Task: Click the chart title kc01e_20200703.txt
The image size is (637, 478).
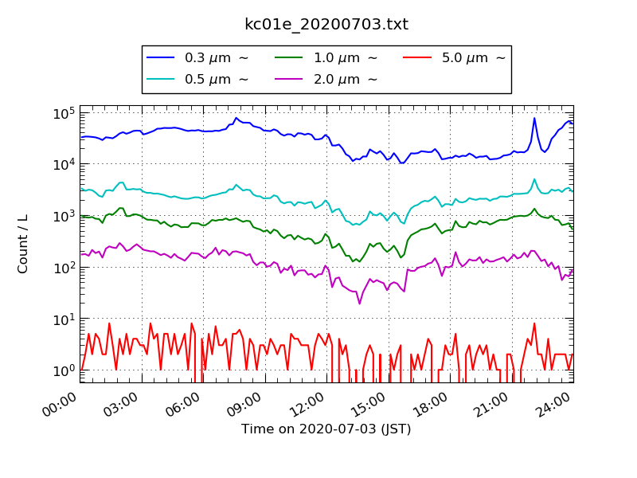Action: coord(326,24)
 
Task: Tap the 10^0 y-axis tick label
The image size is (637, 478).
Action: coord(64,370)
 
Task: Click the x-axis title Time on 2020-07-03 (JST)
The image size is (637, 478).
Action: coord(326,429)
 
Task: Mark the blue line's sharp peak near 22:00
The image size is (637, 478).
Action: coord(534,119)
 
